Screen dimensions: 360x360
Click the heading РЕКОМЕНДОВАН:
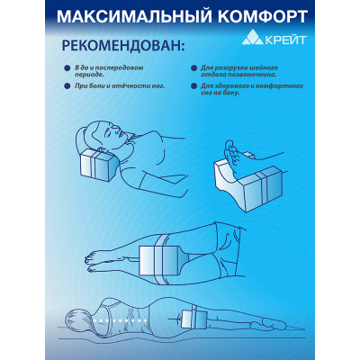coord(123,46)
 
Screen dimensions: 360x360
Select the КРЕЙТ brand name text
coord(286,40)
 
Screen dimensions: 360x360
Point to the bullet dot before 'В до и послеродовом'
coord(67,68)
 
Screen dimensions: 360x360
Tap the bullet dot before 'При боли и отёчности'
coord(67,86)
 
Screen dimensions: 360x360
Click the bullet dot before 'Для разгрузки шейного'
coord(193,68)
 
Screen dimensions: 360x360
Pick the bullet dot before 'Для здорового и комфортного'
coord(193,86)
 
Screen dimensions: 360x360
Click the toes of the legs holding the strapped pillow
coord(90,263)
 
